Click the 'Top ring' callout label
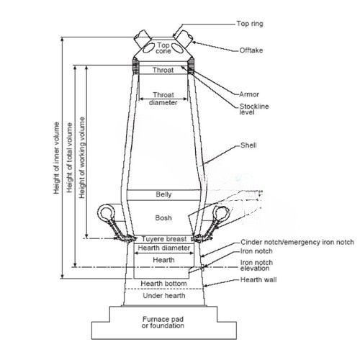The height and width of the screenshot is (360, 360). (250, 24)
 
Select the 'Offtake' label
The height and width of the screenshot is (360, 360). (251, 50)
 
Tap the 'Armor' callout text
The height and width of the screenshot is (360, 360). (249, 94)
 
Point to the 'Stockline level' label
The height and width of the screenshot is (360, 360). (254, 109)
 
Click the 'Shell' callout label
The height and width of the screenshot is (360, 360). (248, 145)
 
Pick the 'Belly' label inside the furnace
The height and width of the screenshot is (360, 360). (163, 194)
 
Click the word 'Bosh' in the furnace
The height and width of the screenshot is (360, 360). (163, 217)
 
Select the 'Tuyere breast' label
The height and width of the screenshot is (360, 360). (164, 239)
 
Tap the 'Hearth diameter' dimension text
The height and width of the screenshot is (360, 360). (164, 248)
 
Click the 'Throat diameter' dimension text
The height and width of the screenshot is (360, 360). (163, 99)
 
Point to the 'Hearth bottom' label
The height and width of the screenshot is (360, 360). (163, 284)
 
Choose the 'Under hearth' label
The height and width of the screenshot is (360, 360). (164, 295)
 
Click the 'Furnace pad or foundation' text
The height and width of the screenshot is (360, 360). (163, 323)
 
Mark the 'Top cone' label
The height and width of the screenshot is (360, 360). (163, 48)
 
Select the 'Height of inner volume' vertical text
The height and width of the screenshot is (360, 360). (56, 158)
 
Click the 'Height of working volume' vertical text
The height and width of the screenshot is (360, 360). (82, 158)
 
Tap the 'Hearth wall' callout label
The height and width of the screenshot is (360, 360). (258, 279)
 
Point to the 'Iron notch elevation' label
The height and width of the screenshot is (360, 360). (256, 265)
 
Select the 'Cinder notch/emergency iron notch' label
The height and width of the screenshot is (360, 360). (297, 242)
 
